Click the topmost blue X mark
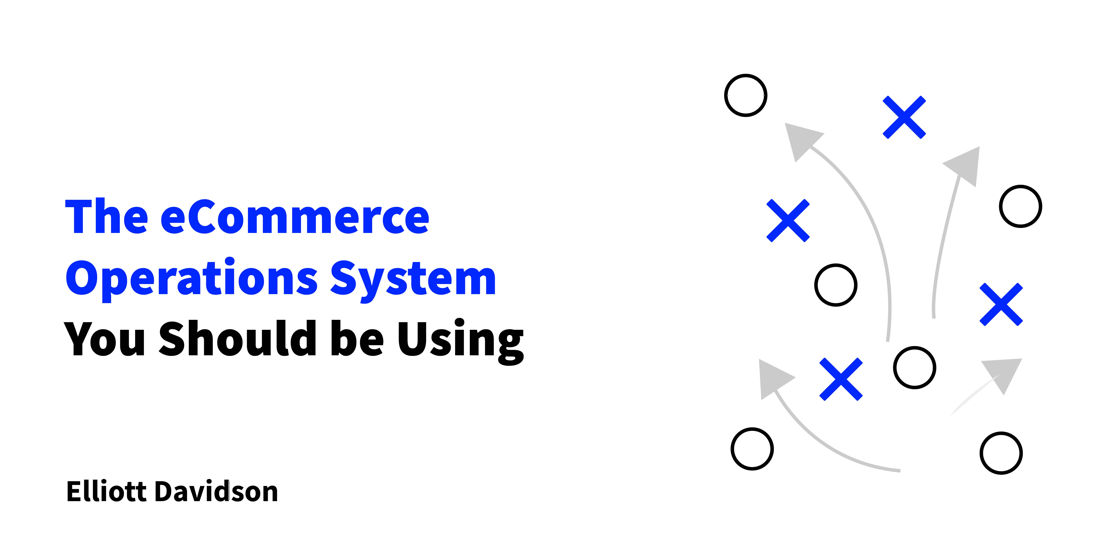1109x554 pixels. [x=904, y=117]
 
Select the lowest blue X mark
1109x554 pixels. [x=841, y=379]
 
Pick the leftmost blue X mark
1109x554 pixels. [x=788, y=221]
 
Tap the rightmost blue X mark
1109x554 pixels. [x=1001, y=305]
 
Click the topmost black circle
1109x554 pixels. [x=746, y=95]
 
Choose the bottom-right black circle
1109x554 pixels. [x=1001, y=453]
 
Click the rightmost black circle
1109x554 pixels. [x=1020, y=206]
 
